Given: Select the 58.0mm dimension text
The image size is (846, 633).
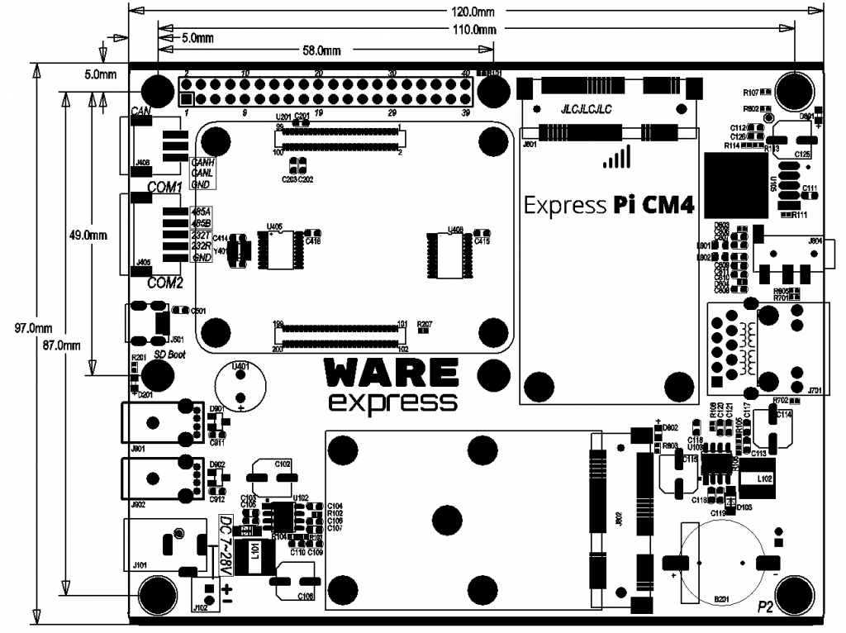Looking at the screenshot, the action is pos(321,50).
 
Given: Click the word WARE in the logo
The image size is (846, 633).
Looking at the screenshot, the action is pos(392,374).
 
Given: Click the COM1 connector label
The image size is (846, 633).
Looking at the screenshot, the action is pos(164,188).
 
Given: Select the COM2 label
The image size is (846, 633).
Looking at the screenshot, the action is pos(164,283).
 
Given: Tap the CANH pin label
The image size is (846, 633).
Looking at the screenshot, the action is pos(202,163).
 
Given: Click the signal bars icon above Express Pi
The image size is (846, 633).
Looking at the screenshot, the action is pos(617,157).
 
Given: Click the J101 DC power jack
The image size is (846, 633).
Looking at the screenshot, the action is pos(165,545).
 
